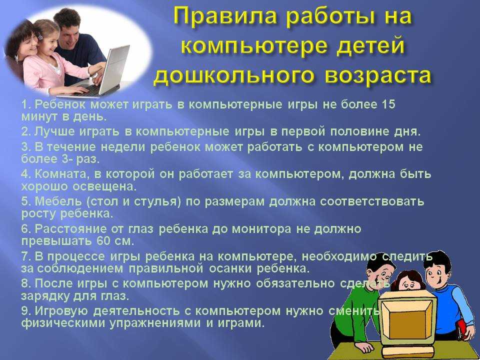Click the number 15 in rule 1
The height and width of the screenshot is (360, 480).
388,104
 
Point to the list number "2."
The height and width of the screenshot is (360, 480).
26,131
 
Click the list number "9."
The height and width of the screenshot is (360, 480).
26,310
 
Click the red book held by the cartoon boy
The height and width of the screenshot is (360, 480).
462,329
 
